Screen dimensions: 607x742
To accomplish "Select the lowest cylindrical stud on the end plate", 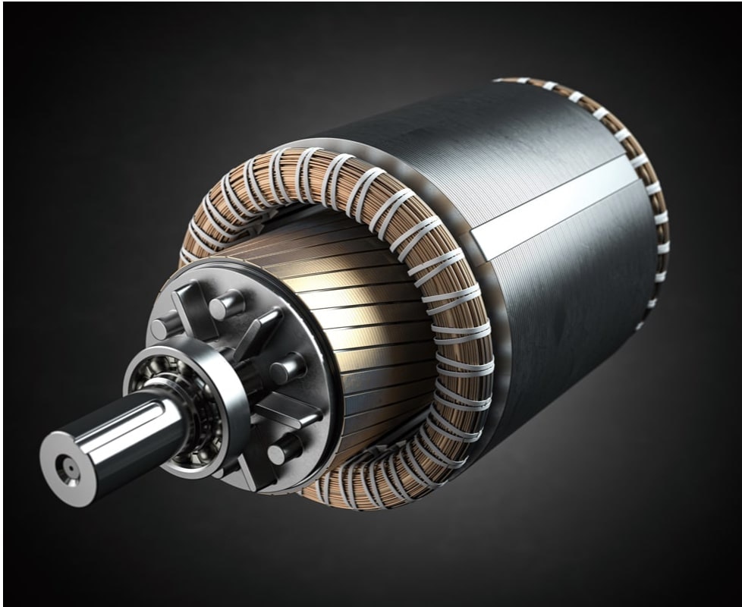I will coord(284,450).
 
